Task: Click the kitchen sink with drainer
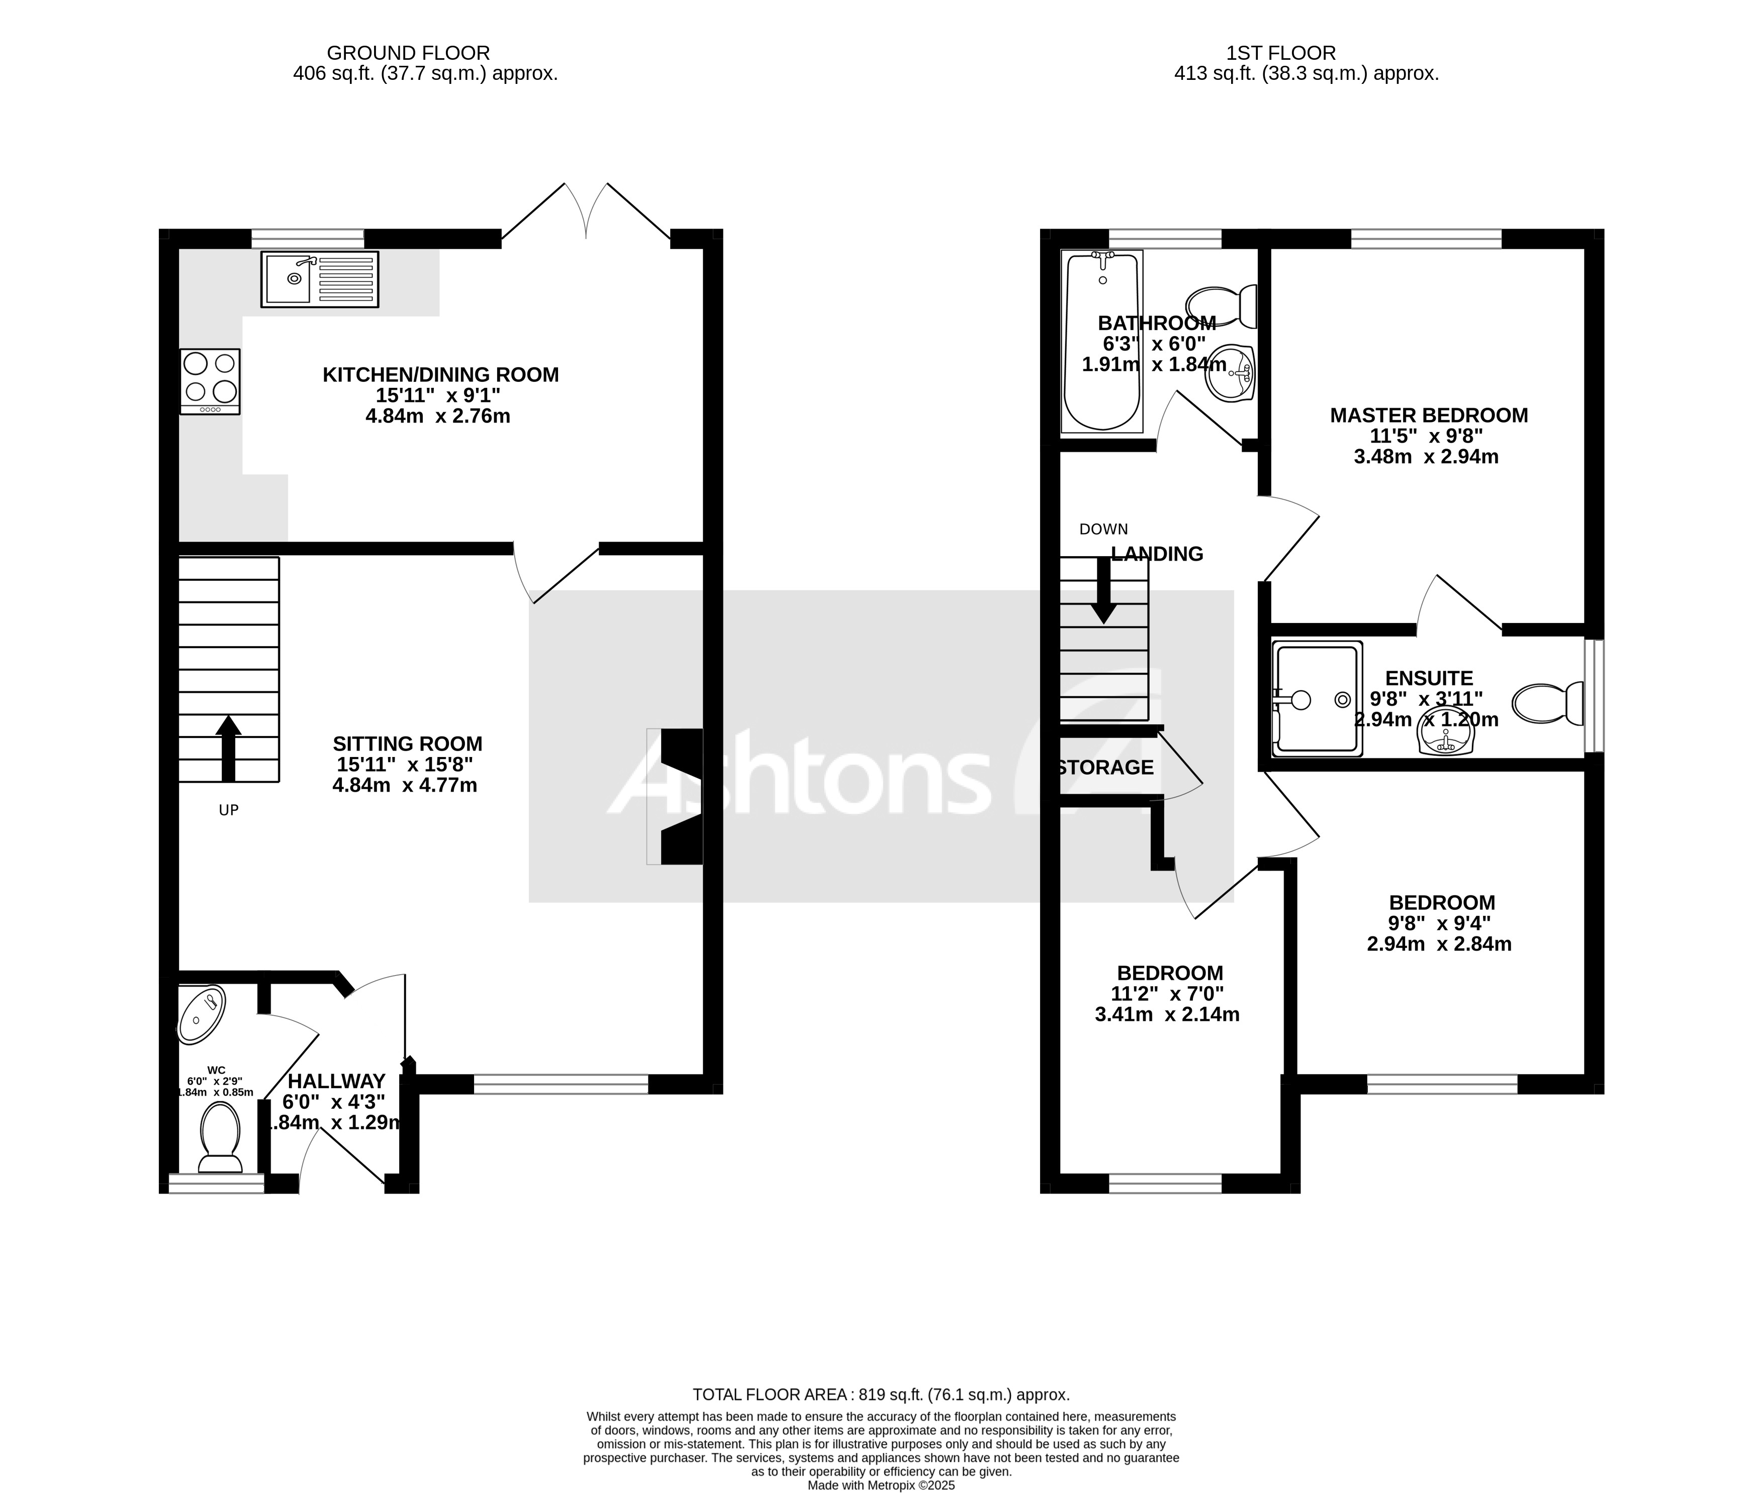[x=319, y=279]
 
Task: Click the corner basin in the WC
[x=202, y=1013]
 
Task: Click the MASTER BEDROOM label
[x=1429, y=415]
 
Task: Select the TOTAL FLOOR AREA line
[x=881, y=1394]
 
